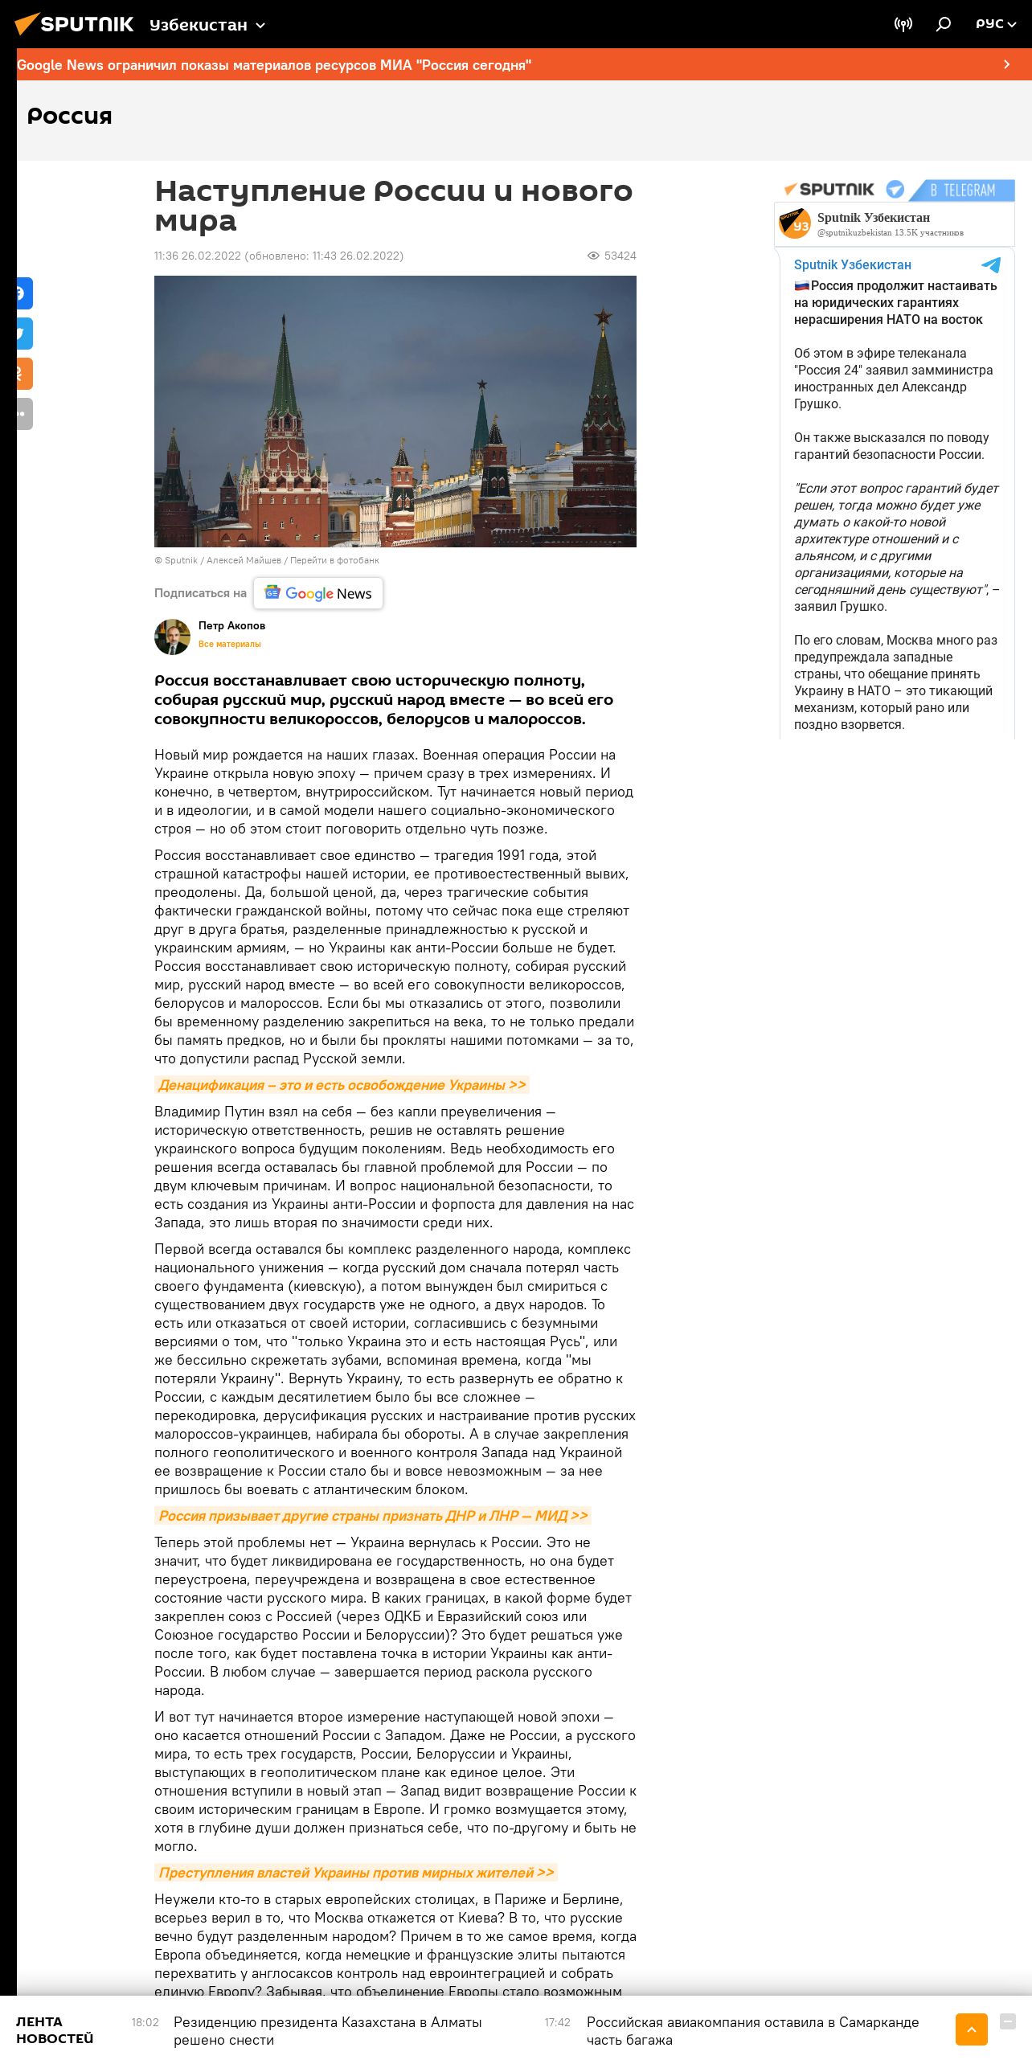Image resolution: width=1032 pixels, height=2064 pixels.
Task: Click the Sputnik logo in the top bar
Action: point(75,24)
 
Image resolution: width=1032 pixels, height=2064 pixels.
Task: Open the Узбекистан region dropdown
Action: point(207,26)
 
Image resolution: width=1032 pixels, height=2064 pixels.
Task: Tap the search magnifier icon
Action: point(944,24)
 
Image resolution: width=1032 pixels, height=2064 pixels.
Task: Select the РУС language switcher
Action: point(995,24)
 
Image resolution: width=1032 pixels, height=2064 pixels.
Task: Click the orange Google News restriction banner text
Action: point(274,65)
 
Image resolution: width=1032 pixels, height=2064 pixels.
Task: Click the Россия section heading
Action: point(70,117)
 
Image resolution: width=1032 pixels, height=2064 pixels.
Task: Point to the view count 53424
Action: point(619,256)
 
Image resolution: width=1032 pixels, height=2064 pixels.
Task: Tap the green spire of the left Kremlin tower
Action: point(285,370)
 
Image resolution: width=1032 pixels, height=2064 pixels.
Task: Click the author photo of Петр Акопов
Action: point(172,637)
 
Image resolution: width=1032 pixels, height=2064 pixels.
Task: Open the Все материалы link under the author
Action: point(230,644)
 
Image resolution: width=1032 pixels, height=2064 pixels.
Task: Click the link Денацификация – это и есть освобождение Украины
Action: point(342,1085)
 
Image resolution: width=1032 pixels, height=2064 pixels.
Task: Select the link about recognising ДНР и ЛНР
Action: point(373,1516)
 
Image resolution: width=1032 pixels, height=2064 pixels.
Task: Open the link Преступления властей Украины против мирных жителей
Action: point(356,1873)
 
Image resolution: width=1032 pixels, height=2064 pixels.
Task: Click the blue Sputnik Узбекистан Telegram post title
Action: point(853,265)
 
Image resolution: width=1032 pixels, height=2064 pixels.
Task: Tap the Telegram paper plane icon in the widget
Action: point(991,265)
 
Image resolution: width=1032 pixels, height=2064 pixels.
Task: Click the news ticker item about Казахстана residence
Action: point(328,2030)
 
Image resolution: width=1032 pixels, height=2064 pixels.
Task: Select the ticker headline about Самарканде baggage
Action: point(752,2030)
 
